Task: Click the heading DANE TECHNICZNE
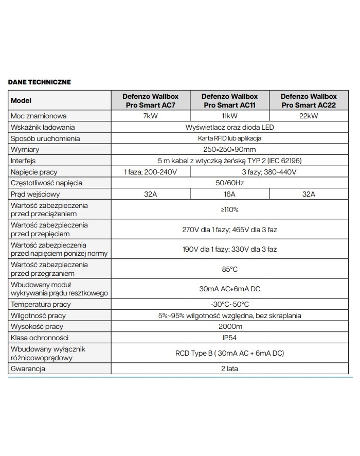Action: coord(40,82)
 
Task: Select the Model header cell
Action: coord(21,100)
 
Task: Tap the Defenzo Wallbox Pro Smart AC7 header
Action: coord(151,100)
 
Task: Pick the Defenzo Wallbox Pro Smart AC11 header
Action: coord(229,100)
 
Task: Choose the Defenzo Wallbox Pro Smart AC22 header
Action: coord(309,100)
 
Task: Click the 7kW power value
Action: coord(151,116)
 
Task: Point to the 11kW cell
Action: coord(229,116)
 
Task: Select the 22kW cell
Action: coord(309,116)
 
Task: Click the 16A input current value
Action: coord(229,194)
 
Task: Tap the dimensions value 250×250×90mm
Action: coord(229,149)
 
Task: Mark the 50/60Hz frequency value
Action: coord(229,183)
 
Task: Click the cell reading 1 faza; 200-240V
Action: coord(151,171)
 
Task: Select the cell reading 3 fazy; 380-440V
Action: coord(269,171)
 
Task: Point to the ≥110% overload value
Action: coord(229,210)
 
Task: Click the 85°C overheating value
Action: coord(229,269)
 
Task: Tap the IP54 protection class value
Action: coord(229,338)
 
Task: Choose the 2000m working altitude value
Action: coord(229,327)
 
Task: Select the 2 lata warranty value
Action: coord(229,369)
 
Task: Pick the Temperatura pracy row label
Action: coord(41,304)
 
